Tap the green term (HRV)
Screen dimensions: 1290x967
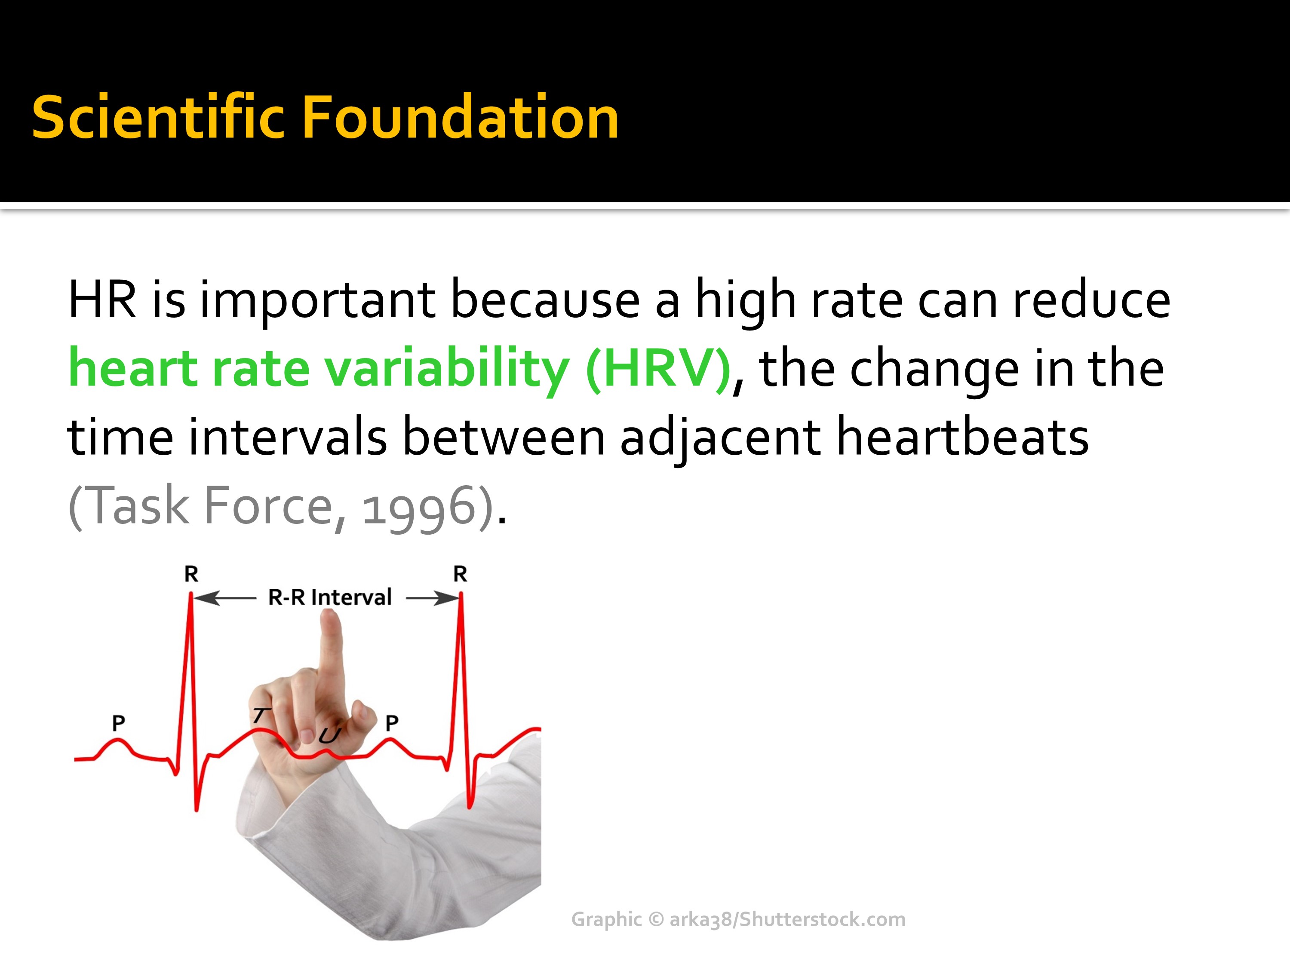658,369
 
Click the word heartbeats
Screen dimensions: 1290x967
962,437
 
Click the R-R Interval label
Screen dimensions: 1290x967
329,597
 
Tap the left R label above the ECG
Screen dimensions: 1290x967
191,574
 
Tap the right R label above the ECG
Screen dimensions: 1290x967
460,574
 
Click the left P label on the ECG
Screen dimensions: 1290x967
118,723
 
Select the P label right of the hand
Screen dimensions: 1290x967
392,723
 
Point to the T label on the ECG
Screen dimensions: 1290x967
261,715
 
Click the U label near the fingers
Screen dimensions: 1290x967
329,736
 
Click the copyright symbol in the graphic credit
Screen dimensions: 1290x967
656,919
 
